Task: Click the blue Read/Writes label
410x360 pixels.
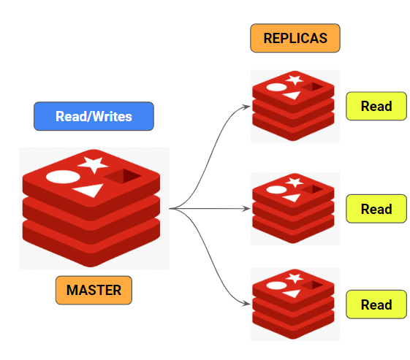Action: tap(94, 116)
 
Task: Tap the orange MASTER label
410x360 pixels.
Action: tap(94, 290)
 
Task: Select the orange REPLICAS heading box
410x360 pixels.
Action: tap(295, 38)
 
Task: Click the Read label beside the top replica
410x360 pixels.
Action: tap(376, 107)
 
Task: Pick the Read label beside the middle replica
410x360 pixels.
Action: tap(376, 209)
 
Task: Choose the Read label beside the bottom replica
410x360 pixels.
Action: tap(376, 305)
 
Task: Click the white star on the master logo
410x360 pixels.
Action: tap(93, 164)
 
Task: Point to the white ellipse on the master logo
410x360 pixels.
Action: tap(62, 177)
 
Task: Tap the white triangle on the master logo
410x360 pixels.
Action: tap(87, 191)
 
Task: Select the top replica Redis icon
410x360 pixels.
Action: tap(295, 106)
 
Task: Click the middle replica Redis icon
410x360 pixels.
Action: tap(295, 208)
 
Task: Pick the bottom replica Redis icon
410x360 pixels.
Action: tap(295, 304)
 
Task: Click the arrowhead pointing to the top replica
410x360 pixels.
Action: tap(246, 106)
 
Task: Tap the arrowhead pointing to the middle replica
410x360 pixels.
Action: tap(246, 209)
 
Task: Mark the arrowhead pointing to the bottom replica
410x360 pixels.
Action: tap(246, 304)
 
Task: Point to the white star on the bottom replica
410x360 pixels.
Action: tap(295, 277)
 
